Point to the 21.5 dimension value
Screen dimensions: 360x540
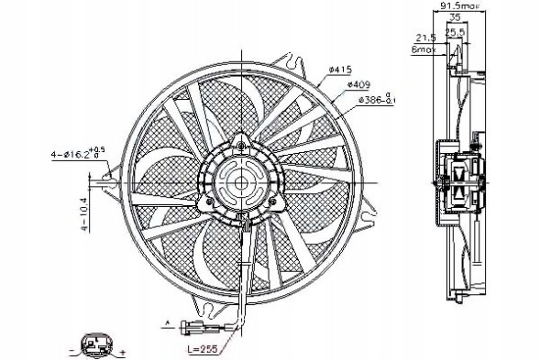click(x=424, y=38)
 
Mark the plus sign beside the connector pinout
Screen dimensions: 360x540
click(x=121, y=351)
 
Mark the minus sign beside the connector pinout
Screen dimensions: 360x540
click(x=71, y=351)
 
